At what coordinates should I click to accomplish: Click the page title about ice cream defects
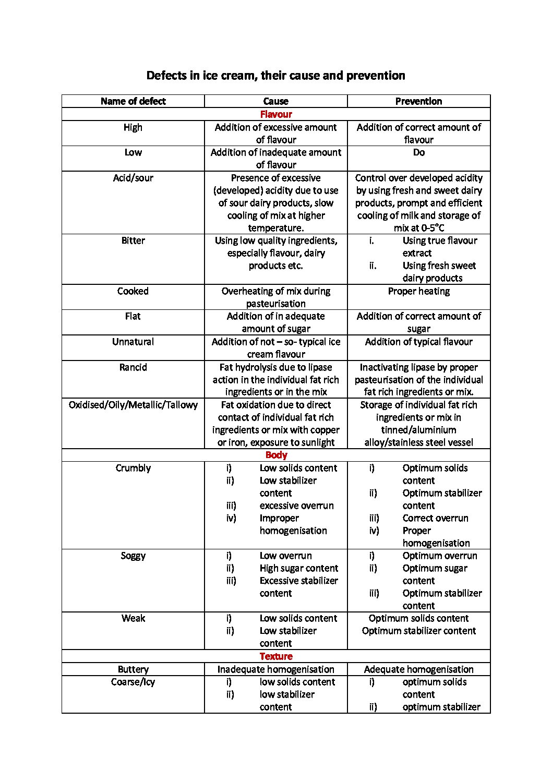click(275, 76)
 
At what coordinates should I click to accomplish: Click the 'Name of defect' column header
click(133, 101)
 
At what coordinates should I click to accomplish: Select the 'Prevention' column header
click(418, 101)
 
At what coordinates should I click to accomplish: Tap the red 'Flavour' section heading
click(276, 114)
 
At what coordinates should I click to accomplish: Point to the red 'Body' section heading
click(276, 455)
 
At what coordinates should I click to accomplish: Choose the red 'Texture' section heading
click(276, 656)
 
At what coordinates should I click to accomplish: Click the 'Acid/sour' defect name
click(133, 178)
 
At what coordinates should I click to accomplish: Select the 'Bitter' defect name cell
click(133, 241)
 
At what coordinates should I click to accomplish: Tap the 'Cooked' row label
click(133, 291)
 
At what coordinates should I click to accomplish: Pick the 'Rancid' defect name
click(133, 367)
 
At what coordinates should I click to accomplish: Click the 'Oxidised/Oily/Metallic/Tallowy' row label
click(133, 405)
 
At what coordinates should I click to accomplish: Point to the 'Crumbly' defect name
click(133, 468)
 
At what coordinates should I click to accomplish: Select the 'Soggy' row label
click(133, 556)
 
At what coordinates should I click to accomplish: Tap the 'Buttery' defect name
click(133, 669)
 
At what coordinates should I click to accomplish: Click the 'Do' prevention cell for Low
click(418, 152)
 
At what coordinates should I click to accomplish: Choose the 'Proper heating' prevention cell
click(418, 291)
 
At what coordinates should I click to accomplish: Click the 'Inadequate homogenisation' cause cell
click(275, 669)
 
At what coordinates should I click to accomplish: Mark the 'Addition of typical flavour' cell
click(418, 342)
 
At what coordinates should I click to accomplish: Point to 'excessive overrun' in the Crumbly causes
click(296, 506)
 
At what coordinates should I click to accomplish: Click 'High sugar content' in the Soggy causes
click(298, 568)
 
